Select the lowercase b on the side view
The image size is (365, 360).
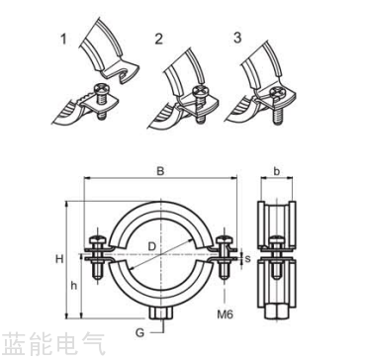tap(277, 171)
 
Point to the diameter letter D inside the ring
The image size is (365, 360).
tap(150, 244)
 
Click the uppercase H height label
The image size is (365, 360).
tap(60, 259)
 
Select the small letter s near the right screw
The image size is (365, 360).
tap(247, 258)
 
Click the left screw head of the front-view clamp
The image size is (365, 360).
tap(97, 238)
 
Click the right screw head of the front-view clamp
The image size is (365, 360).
tap(226, 238)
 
